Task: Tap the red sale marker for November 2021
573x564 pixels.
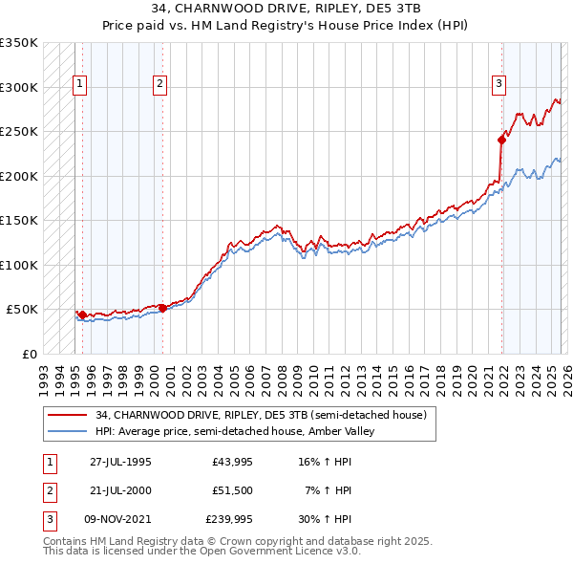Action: coord(501,140)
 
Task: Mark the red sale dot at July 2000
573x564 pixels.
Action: coord(162,308)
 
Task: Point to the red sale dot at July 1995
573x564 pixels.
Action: coord(83,315)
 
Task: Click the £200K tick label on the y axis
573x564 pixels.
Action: coord(19,176)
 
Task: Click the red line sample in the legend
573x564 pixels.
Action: coord(69,414)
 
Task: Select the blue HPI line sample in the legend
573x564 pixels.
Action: coord(69,431)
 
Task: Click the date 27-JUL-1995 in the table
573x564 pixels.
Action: coord(120,461)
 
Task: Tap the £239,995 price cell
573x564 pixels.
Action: coord(229,520)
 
